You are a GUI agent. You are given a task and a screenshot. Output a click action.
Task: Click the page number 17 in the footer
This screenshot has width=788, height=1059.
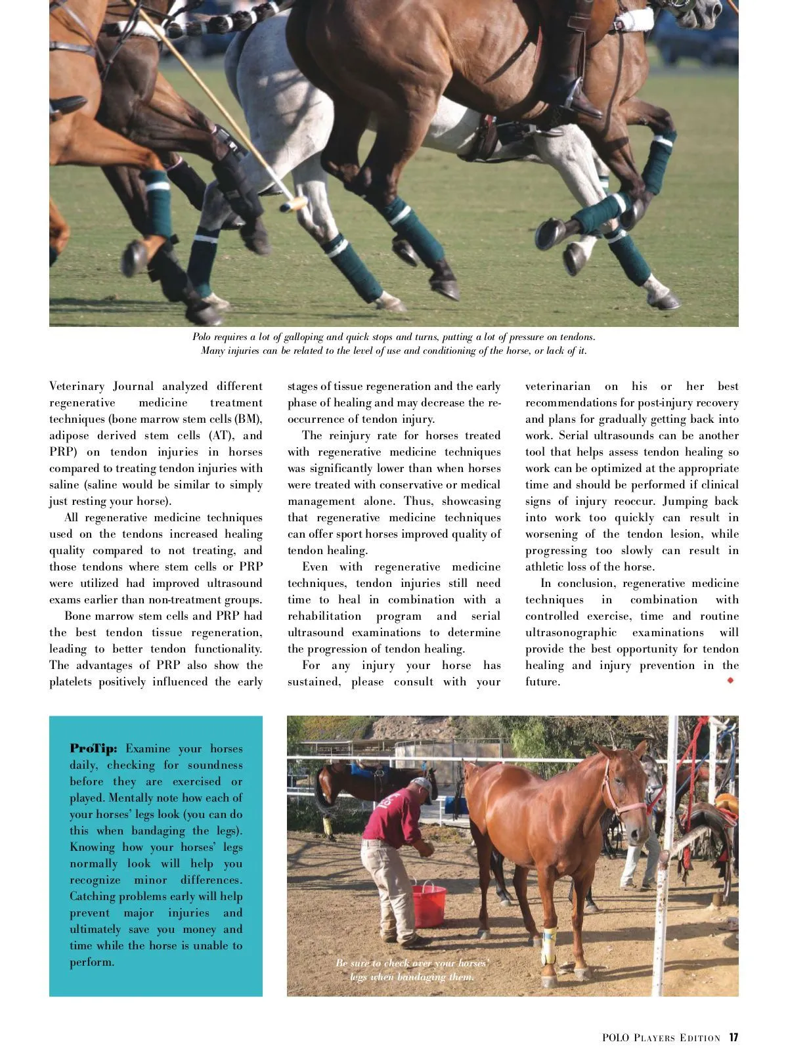pyautogui.click(x=733, y=1037)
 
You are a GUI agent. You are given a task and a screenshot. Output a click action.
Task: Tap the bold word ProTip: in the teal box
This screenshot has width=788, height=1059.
pyautogui.click(x=93, y=748)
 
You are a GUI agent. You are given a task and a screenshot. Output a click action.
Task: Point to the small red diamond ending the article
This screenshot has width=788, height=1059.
pyautogui.click(x=730, y=681)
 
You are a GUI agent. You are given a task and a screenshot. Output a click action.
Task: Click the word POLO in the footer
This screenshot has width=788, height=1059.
pyautogui.click(x=615, y=1038)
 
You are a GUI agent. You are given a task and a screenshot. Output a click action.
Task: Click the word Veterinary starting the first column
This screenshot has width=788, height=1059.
pyautogui.click(x=77, y=386)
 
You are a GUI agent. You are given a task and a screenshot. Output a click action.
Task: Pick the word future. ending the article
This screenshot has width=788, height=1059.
pyautogui.click(x=542, y=681)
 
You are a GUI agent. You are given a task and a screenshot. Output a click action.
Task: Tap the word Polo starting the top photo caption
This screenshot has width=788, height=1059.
pyautogui.click(x=201, y=337)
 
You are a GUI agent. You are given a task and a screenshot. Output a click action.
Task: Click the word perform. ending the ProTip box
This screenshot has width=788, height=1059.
pyautogui.click(x=92, y=962)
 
